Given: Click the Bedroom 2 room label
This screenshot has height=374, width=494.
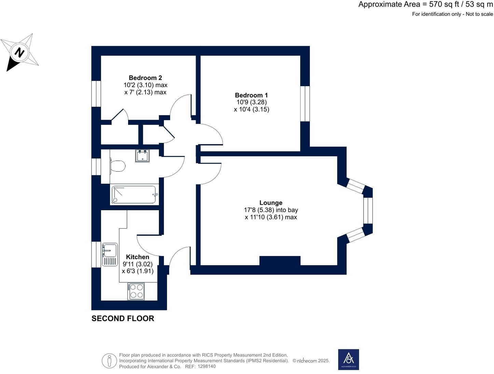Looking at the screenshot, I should pyautogui.click(x=145, y=78).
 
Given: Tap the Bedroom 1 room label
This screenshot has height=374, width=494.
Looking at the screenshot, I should pyautogui.click(x=251, y=95).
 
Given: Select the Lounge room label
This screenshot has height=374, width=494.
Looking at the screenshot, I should pyautogui.click(x=271, y=203).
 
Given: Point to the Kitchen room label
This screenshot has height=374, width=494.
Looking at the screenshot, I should pyautogui.click(x=137, y=257).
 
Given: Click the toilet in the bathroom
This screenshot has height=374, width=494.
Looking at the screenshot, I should pyautogui.click(x=118, y=166).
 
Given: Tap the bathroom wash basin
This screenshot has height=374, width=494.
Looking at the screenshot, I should pyautogui.click(x=142, y=156).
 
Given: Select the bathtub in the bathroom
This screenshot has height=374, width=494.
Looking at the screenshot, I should pyautogui.click(x=134, y=195).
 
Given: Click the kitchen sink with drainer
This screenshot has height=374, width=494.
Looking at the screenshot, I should pyautogui.click(x=110, y=254).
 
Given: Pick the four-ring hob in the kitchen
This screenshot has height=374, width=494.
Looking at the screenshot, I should pyautogui.click(x=136, y=291).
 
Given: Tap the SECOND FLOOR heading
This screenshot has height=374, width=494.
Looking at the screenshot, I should pyautogui.click(x=123, y=319).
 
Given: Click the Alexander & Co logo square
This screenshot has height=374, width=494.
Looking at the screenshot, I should pyautogui.click(x=348, y=359).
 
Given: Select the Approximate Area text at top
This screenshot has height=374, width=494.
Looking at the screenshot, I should pyautogui.click(x=425, y=4).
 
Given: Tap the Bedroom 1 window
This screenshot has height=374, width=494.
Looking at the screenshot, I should pyautogui.click(x=305, y=104).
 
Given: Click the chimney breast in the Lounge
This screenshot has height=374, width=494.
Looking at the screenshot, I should pyautogui.click(x=280, y=261).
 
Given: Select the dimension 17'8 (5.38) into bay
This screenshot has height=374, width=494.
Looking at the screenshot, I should pyautogui.click(x=271, y=210).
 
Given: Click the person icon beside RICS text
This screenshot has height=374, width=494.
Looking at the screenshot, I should pyautogui.click(x=109, y=361).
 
